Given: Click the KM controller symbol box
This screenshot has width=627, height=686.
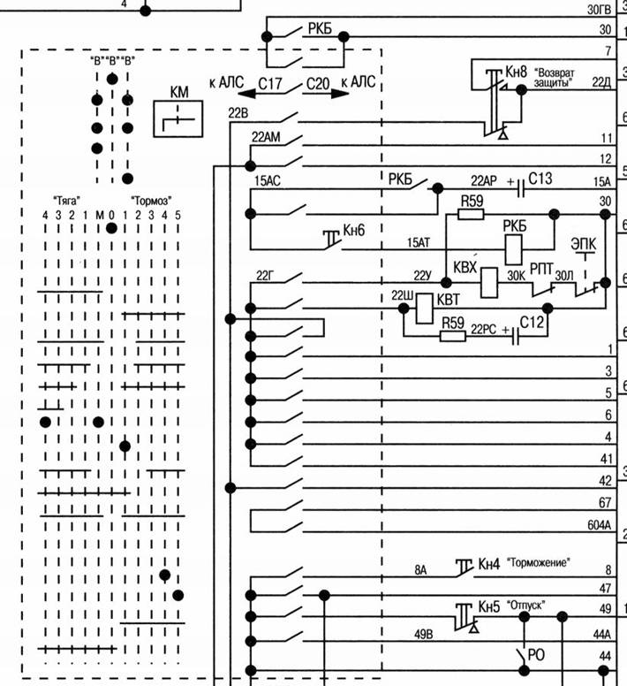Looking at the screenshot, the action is tap(178, 119).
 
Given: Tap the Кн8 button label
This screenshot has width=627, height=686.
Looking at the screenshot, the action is tap(516, 72).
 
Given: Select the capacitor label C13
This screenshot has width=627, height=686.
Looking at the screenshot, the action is tap(540, 179).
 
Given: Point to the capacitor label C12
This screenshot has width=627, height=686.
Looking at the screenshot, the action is tap(532, 323).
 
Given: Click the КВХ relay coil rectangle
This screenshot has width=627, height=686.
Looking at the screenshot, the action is tap(489, 283).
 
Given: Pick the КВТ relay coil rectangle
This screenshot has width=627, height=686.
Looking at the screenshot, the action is tap(424, 309).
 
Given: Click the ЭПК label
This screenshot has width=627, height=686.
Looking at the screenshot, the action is tap(584, 244).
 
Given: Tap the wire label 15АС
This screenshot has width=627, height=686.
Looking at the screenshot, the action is tap(268, 180).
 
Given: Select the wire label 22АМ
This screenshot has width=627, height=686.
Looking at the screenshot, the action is tap(266, 137).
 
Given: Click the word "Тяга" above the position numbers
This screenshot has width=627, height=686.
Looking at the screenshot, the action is tap(67, 201).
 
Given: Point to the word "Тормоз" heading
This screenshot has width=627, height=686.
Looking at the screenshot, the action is tap(151, 201).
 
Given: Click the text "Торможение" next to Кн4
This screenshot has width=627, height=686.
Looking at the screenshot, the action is tap(539, 562).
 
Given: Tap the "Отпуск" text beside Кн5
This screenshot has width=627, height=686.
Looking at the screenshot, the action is tap(525, 605).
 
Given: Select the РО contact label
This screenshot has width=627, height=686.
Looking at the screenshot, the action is tap(536, 655).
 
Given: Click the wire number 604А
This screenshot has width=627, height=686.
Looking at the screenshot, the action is tap(599, 524).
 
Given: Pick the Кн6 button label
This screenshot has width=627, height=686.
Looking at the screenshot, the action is tap(354, 230).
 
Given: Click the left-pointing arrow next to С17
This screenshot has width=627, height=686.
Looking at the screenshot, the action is tap(246, 93).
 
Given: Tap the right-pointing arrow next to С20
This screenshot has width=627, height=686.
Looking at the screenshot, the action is tap(340, 93).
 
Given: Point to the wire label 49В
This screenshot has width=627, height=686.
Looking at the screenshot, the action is tap(423, 634).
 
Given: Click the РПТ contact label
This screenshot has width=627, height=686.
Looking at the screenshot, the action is tap(541, 269).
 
